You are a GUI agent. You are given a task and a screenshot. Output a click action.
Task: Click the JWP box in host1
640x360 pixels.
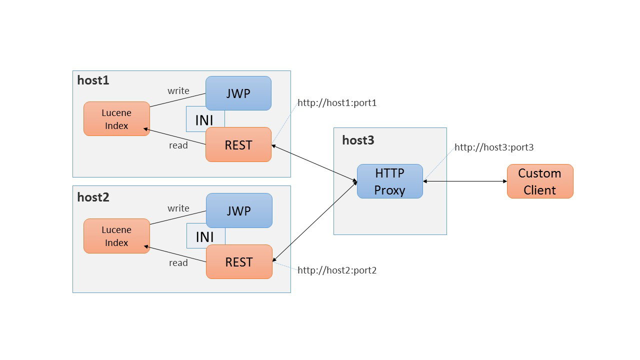[238, 93]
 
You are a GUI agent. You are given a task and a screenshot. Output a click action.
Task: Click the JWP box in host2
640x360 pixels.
[239, 210]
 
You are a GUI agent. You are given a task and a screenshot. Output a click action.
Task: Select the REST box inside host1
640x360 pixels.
[238, 145]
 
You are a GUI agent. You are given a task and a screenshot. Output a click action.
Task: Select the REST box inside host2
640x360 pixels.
[239, 262]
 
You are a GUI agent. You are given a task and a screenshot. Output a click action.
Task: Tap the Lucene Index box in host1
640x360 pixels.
[116, 119]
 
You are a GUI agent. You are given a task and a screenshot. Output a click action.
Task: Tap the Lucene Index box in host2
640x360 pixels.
[116, 236]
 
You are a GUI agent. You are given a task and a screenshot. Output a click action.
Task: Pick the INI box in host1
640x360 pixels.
[204, 119]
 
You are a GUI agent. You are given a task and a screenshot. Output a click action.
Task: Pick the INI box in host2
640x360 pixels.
[204, 236]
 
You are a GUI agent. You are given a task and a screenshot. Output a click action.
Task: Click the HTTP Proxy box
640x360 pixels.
[389, 181]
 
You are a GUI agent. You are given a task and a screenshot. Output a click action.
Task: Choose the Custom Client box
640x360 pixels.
[539, 181]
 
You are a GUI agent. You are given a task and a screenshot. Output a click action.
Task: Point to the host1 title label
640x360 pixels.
[93, 80]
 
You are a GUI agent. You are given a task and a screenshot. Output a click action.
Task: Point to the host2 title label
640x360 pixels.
[93, 197]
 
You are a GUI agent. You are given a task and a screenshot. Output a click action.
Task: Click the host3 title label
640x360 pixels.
[358, 140]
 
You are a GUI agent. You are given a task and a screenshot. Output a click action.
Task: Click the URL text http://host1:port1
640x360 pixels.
[337, 103]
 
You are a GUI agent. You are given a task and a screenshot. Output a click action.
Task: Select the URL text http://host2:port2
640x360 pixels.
[337, 270]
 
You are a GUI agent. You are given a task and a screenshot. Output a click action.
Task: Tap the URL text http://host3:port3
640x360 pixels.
[494, 147]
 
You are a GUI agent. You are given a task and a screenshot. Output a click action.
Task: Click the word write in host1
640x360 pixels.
[178, 90]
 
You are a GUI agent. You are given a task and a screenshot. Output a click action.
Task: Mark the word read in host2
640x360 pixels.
[178, 262]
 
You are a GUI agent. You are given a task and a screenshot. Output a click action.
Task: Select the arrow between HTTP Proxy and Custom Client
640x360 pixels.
[465, 181]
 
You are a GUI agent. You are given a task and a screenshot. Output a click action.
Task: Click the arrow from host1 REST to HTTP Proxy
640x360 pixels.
[314, 163]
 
